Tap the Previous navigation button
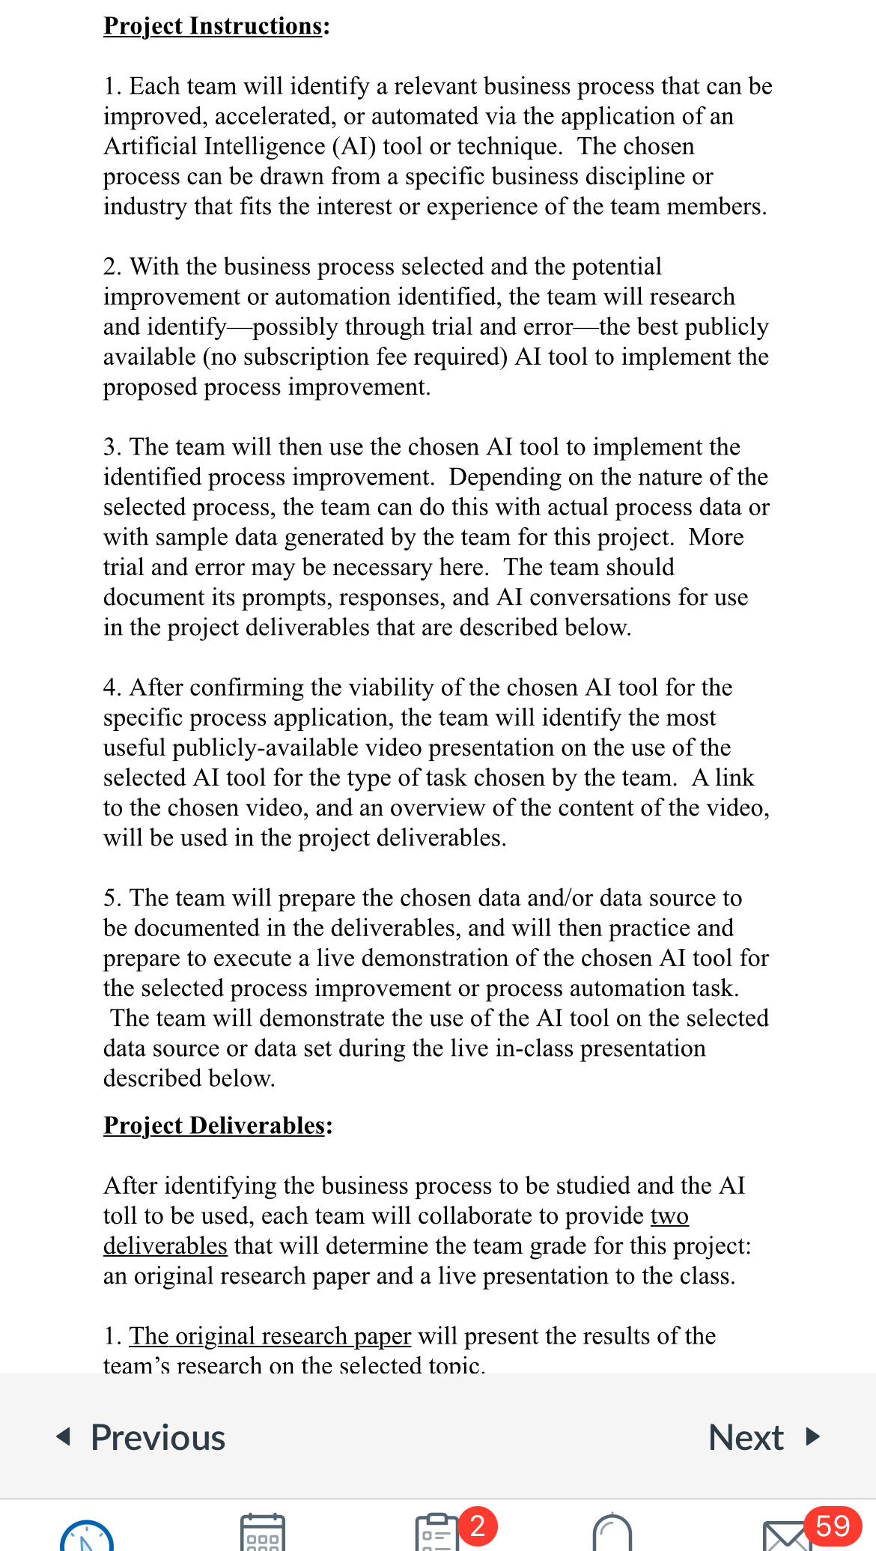pos(142,1437)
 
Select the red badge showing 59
pos(833,1526)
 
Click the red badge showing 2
pos(478,1525)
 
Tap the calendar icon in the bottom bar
pos(262,1534)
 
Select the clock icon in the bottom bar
pos(87,1538)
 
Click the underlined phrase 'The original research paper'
pos(270,1336)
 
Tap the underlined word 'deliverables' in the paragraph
pos(165,1246)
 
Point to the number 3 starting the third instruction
pos(110,447)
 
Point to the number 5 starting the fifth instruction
pos(110,898)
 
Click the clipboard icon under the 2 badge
pos(437,1535)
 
